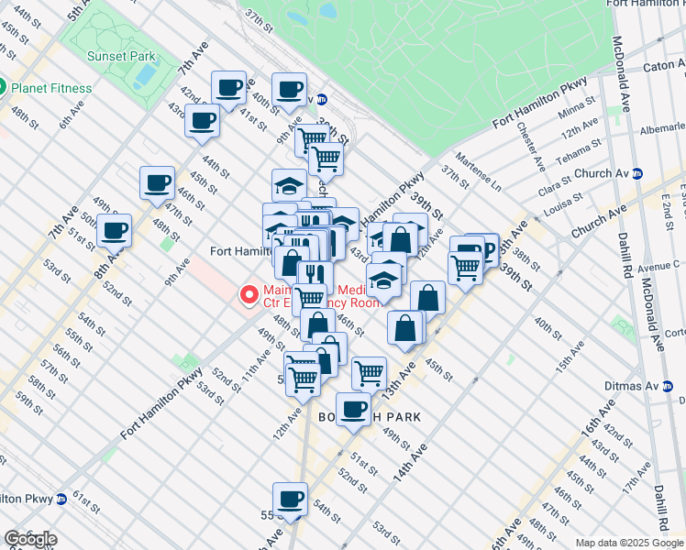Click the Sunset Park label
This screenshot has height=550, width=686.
(x=121, y=56)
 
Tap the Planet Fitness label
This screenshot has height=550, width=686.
(x=51, y=88)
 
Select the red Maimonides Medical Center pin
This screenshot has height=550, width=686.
(x=247, y=294)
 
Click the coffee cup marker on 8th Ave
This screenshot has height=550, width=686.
(x=114, y=230)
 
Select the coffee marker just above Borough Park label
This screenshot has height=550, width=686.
(x=353, y=409)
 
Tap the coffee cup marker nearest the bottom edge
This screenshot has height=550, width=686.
(x=291, y=499)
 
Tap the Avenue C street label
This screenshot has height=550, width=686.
(x=660, y=265)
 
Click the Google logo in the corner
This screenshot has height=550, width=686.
(x=30, y=539)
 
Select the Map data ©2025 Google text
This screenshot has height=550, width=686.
(x=630, y=543)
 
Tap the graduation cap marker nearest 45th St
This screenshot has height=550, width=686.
(x=289, y=184)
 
